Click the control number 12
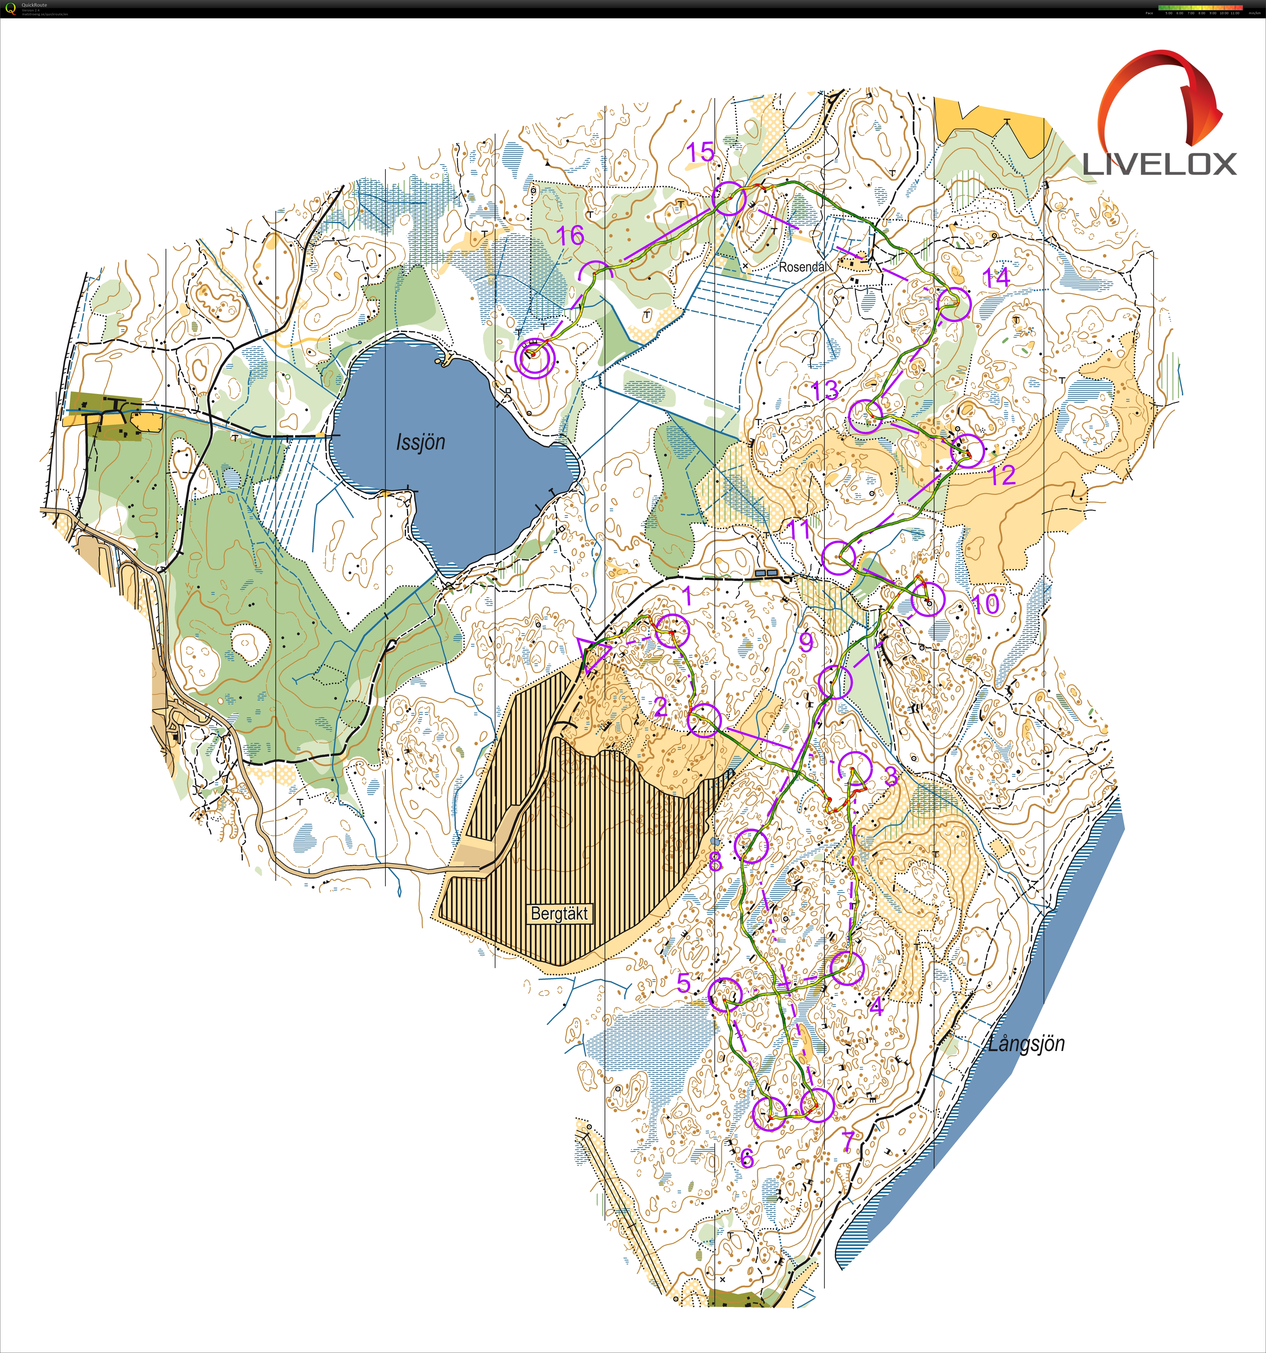tap(1002, 475)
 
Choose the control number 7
tap(848, 1140)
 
